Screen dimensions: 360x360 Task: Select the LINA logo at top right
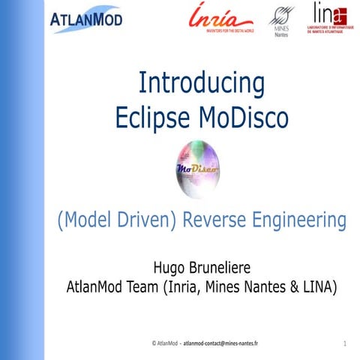(x=329, y=19)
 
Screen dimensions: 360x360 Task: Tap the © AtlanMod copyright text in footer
(x=165, y=343)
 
